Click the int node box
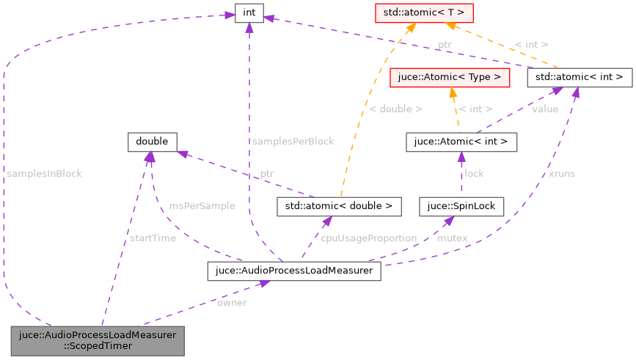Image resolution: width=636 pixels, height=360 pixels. coord(249,12)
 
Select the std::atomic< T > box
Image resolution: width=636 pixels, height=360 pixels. coord(413,12)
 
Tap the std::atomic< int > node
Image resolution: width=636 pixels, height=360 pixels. coord(580,76)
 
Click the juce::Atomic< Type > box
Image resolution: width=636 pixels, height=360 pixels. coord(450,76)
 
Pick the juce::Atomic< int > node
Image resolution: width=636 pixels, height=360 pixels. coord(461,142)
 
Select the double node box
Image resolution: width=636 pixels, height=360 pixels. coord(152,142)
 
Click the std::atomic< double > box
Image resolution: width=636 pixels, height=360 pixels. coord(339,207)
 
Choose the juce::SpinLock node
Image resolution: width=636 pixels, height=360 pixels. coord(461,207)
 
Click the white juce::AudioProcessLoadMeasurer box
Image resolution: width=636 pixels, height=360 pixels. coord(293,271)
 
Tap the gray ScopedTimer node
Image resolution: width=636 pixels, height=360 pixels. coord(97,341)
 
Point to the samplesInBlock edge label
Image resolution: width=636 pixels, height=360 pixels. coord(44,174)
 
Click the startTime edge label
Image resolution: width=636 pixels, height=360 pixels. coord(152,238)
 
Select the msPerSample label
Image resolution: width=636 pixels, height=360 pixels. coord(202,206)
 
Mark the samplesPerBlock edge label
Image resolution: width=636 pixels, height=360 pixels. coord(293,142)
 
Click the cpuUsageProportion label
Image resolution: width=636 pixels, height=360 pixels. coord(368,238)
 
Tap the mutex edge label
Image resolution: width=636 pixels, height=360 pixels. coord(453,238)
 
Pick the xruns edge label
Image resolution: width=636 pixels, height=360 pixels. coord(561,174)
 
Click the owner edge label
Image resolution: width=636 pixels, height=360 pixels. coord(232,303)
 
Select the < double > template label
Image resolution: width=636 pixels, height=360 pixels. coord(395,109)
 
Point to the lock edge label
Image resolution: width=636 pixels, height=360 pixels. coord(474,174)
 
